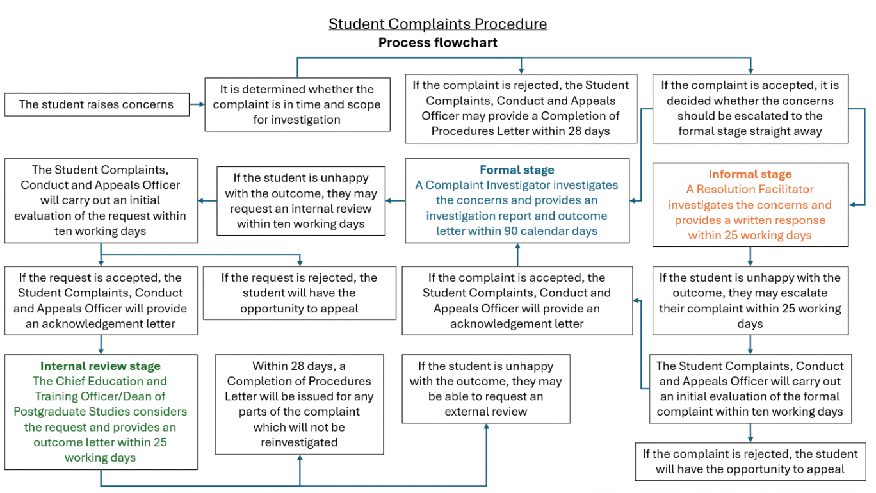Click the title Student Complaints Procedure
click(437, 24)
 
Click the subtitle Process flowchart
click(437, 42)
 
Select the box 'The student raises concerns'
click(97, 104)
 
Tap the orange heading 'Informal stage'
click(750, 174)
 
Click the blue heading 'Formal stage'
click(517, 170)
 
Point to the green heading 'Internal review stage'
click(101, 366)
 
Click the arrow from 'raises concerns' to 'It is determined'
click(197, 104)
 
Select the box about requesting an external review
click(486, 389)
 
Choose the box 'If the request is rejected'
click(300, 293)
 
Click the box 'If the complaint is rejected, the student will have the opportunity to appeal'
click(750, 462)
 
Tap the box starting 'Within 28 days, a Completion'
click(300, 404)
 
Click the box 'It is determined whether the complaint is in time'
click(297, 104)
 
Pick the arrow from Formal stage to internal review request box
click(395, 200)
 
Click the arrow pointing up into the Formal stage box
click(517, 255)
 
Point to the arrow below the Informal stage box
click(750, 257)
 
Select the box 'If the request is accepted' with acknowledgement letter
click(101, 301)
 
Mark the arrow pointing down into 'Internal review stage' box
click(101, 345)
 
